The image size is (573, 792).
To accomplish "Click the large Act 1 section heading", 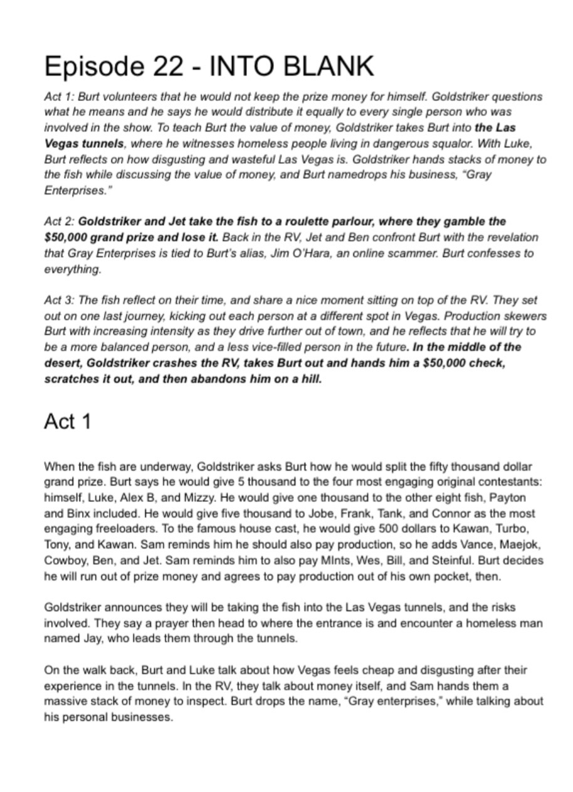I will [67, 422].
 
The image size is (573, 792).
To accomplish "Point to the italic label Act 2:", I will [60, 222].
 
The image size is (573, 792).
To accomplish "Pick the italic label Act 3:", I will [60, 301].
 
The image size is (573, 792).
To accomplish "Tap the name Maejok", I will [522, 545].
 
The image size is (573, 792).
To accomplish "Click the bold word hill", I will [311, 380].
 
